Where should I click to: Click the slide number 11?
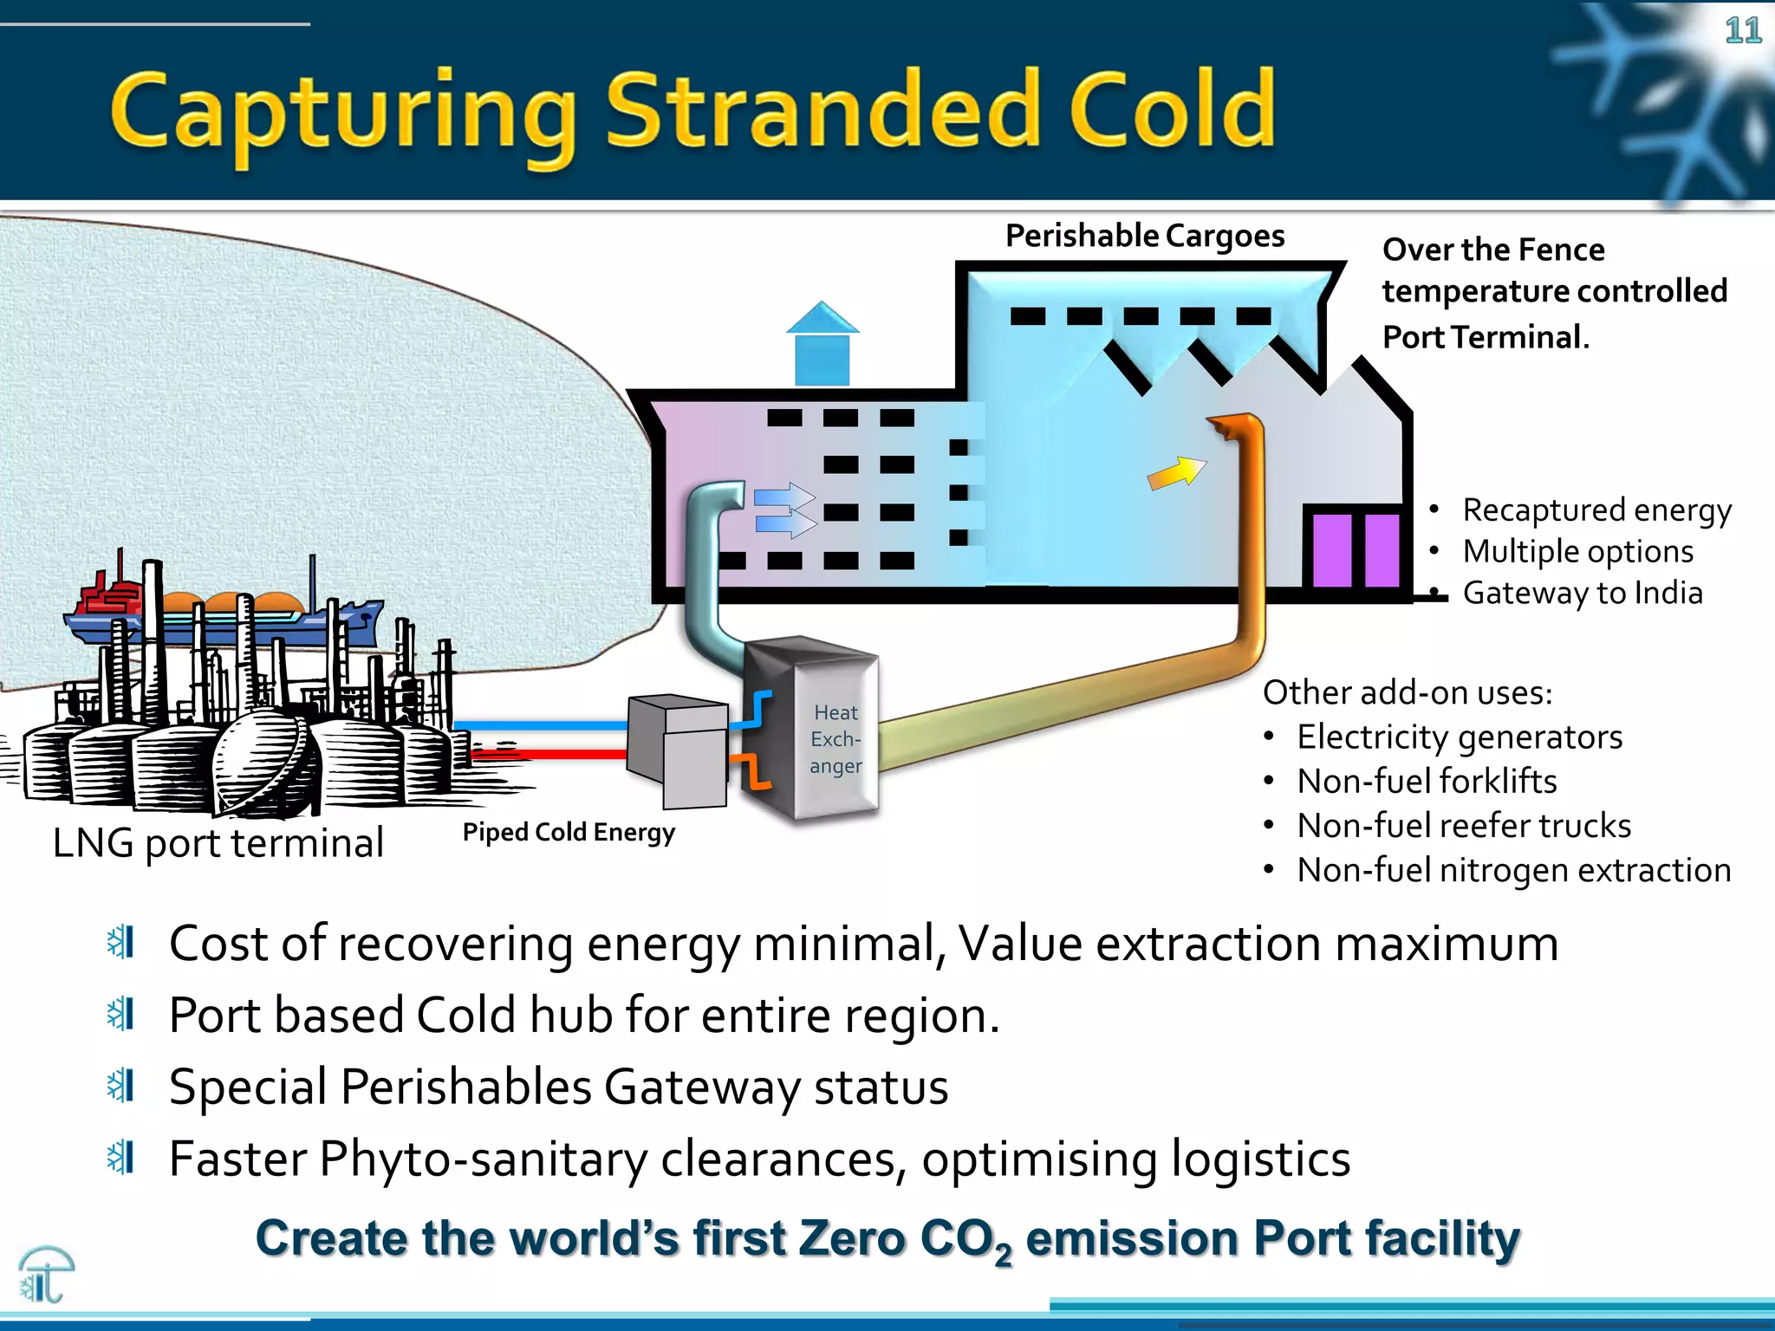1742,31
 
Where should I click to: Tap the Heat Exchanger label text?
835,739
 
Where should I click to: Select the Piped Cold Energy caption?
569,832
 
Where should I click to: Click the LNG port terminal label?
218,842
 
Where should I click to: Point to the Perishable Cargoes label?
1144,236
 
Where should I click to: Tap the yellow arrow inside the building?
1175,473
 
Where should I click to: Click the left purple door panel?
1331,550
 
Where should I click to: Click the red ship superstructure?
108,594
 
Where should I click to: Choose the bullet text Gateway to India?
1582,593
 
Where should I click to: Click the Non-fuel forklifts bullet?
1426,782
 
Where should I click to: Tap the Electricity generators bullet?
1459,737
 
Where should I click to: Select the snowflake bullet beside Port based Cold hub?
120,1014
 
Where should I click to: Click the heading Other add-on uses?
1407,693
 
